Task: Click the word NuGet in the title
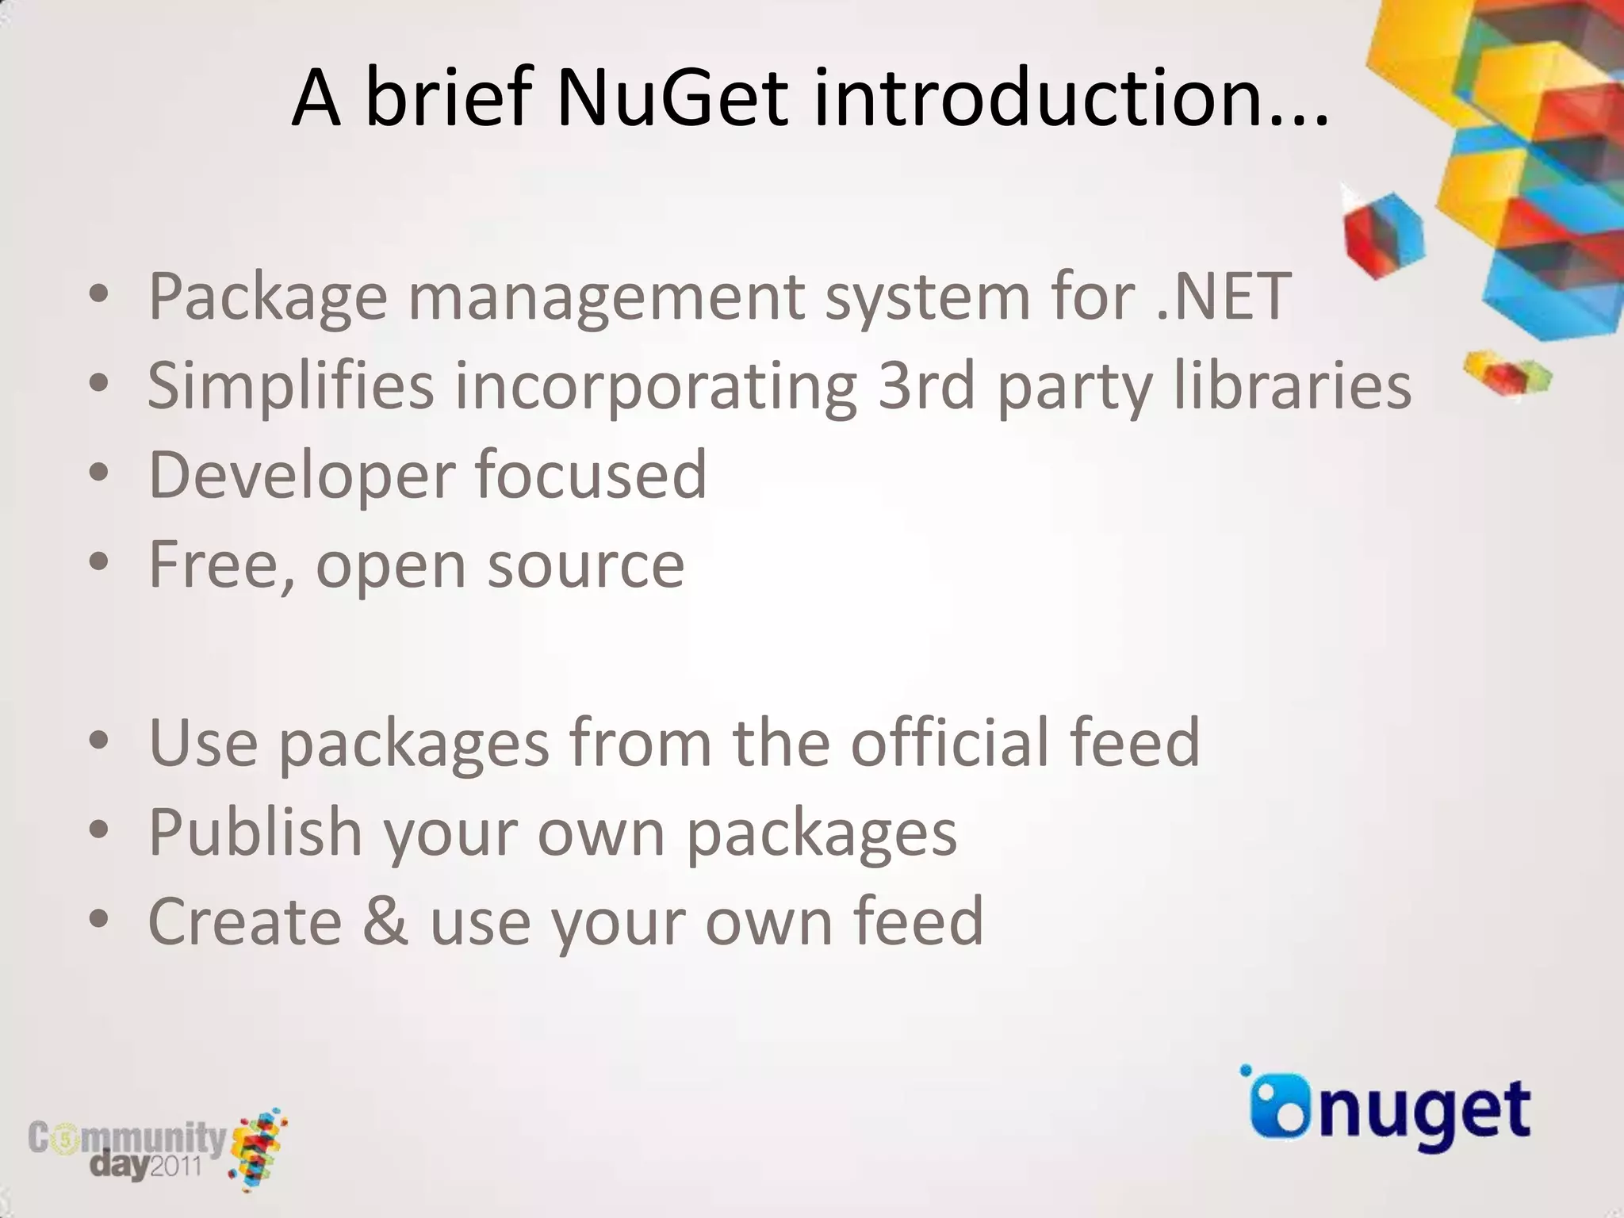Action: point(672,98)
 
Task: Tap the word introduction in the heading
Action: point(1070,98)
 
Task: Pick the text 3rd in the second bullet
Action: point(925,386)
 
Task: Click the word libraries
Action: point(1292,386)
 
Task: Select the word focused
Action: point(591,475)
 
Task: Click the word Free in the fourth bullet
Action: point(219,565)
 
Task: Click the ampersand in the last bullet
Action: point(385,921)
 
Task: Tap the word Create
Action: point(245,921)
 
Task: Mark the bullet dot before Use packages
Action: point(98,741)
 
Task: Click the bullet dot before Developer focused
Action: point(98,473)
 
